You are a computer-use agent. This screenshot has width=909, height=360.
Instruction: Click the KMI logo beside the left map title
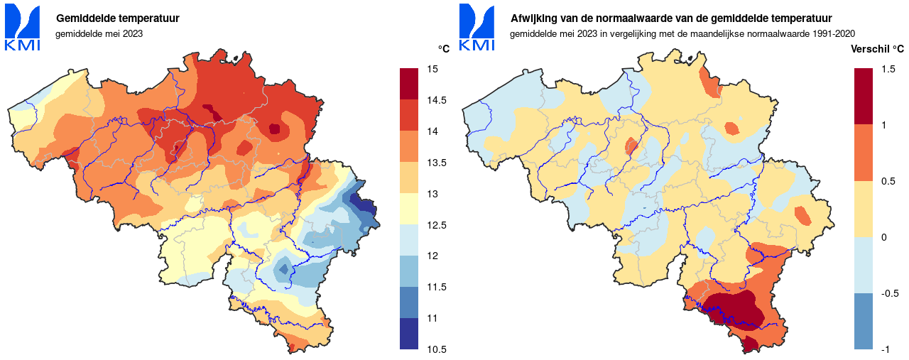pos(22,27)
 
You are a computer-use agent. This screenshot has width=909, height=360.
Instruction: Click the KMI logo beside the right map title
pos(477,27)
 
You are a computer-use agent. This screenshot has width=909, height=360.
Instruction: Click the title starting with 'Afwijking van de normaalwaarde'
pos(671,18)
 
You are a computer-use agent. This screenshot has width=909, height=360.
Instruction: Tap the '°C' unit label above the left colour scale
pos(444,48)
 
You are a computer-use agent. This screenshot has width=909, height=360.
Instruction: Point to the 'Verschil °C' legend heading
pos(877,48)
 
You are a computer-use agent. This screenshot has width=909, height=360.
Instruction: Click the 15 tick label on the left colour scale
pos(432,69)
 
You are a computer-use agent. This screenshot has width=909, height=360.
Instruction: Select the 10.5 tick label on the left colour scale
pos(436,349)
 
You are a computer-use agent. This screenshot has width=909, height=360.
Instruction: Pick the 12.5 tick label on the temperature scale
pos(436,225)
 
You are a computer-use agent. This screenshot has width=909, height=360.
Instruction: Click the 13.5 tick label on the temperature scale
pos(436,163)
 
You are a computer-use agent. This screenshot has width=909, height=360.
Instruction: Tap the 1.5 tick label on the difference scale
pos(888,69)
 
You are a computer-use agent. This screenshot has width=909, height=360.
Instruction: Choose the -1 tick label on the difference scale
pos(885,349)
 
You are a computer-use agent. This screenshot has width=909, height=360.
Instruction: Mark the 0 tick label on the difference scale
pos(883,237)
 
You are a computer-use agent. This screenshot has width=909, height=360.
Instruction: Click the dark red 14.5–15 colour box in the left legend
pos(409,84)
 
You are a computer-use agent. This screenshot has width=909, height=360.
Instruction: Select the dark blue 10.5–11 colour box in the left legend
pos(409,334)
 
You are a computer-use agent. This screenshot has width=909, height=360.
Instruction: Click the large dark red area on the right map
pos(731,309)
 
